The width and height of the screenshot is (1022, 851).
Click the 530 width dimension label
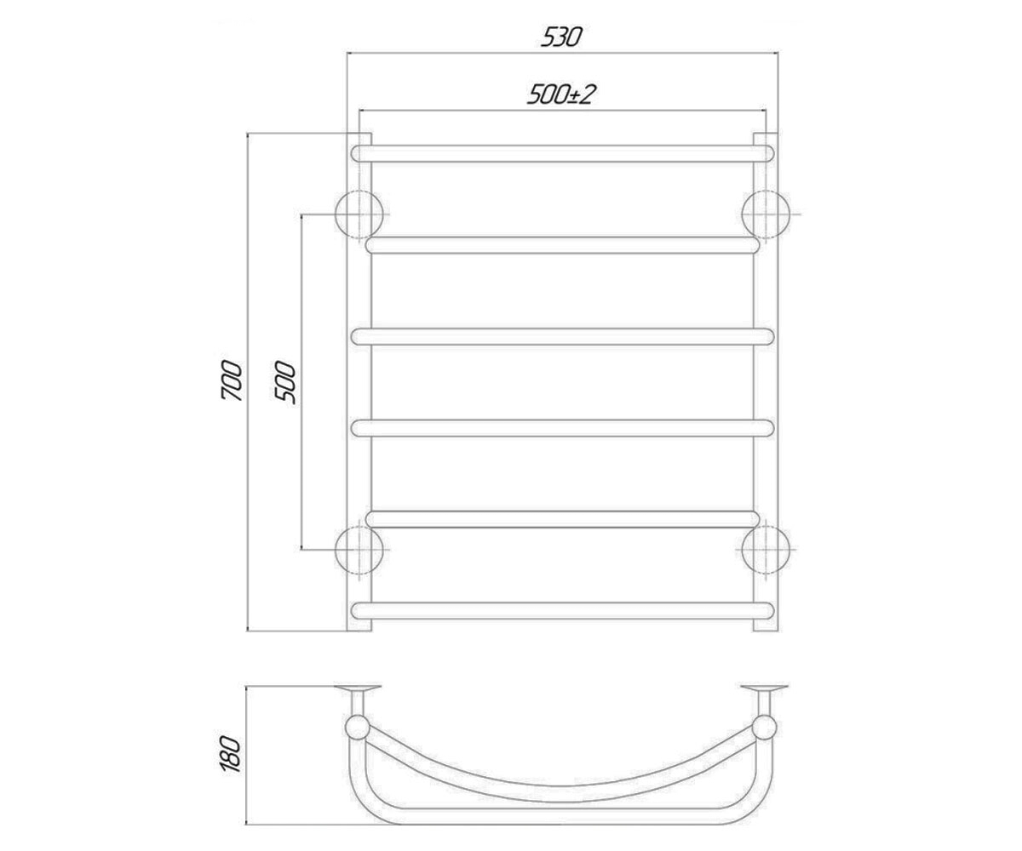(x=561, y=37)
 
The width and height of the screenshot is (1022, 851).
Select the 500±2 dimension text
(x=562, y=94)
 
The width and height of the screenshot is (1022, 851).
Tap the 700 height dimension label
(x=232, y=380)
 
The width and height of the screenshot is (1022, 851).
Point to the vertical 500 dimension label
(x=286, y=382)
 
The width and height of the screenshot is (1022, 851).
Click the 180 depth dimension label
(x=232, y=754)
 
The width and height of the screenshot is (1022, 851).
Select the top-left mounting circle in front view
(x=359, y=214)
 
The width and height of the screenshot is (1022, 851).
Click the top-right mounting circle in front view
(x=766, y=214)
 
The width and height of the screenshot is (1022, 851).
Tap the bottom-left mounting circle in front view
(x=359, y=551)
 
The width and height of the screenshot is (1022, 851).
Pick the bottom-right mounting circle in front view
(x=766, y=551)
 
